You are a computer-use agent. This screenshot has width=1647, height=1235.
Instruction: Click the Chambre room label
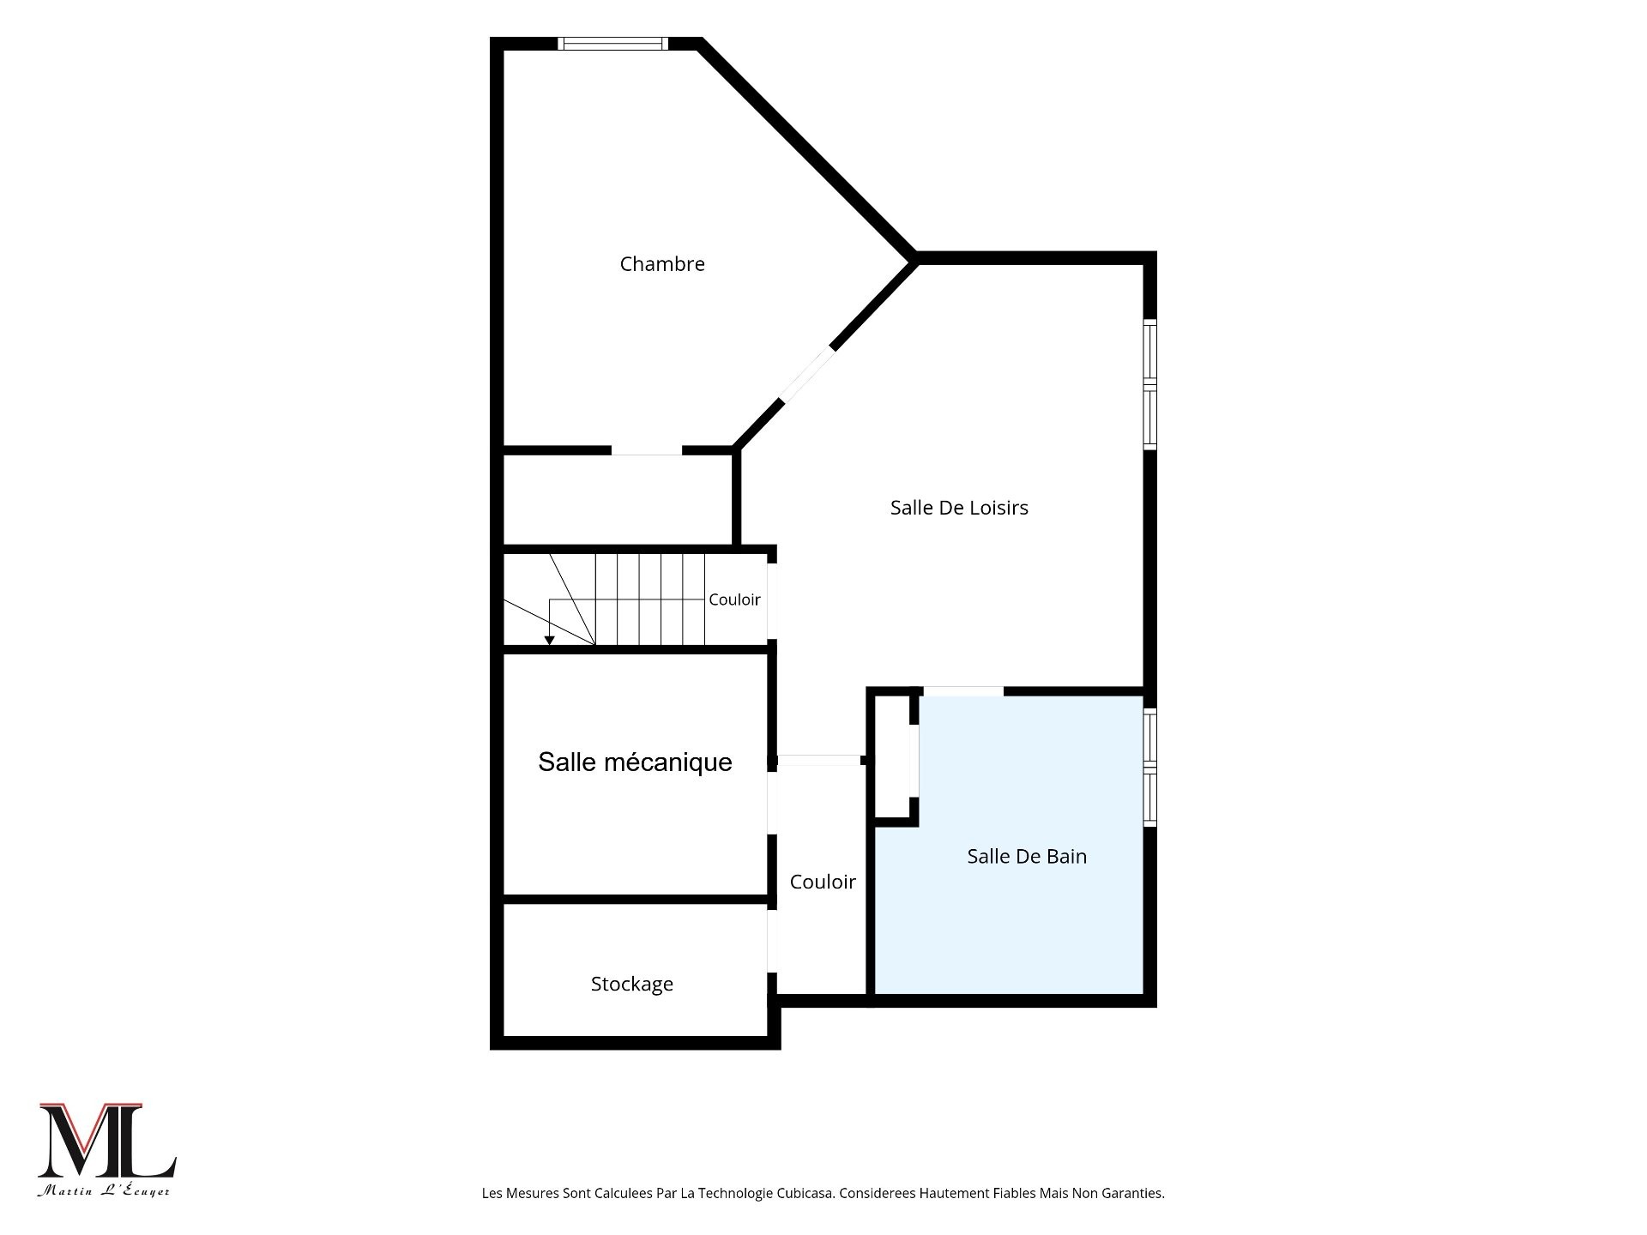[662, 264]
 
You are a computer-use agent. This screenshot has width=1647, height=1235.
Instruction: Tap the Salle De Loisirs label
[959, 508]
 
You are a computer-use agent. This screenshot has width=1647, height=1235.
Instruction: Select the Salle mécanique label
[635, 762]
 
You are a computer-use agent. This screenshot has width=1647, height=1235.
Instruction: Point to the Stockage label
[632, 985]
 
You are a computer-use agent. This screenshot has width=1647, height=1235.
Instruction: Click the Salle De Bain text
[1027, 856]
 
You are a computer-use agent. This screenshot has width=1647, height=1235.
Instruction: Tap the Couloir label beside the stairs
[734, 599]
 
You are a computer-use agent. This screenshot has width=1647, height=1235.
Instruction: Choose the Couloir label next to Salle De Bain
[823, 882]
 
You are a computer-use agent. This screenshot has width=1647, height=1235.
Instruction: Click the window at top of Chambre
[612, 44]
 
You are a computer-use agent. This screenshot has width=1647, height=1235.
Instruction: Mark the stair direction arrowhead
[549, 640]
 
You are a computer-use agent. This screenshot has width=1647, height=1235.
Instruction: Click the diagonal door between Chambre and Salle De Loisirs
[806, 375]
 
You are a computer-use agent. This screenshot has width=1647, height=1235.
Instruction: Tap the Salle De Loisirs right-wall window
[1150, 384]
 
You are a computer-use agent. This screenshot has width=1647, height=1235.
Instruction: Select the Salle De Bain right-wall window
[1150, 768]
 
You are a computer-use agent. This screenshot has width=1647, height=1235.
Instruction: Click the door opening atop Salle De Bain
[963, 691]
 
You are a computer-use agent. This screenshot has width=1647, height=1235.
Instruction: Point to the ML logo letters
[107, 1141]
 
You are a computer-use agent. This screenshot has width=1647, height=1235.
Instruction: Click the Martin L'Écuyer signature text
[104, 1190]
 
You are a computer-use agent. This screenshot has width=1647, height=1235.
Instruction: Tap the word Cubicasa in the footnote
[805, 1193]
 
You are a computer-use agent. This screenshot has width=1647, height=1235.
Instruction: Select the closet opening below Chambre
[647, 450]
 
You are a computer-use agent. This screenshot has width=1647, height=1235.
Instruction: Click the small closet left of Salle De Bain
[891, 756]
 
